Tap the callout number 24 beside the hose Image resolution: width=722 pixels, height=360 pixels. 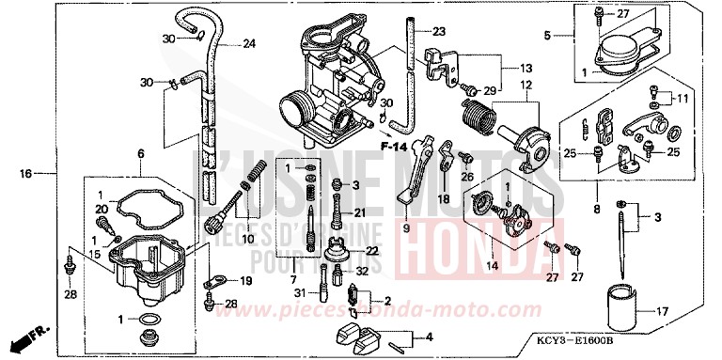248,44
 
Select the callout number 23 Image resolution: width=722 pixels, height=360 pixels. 440,31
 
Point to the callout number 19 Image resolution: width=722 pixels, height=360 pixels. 246,280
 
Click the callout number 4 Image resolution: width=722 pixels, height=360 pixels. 429,336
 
